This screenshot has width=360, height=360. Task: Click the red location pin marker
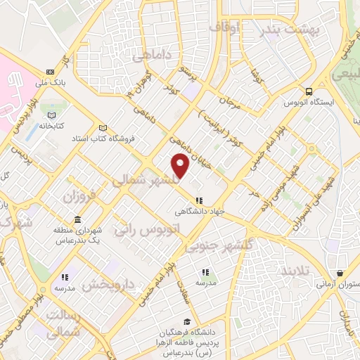pyautogui.click(x=181, y=166)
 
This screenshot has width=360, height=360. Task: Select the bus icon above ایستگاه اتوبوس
pyautogui.click(x=309, y=91)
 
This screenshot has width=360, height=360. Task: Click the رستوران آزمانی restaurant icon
pyautogui.click(x=340, y=274)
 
